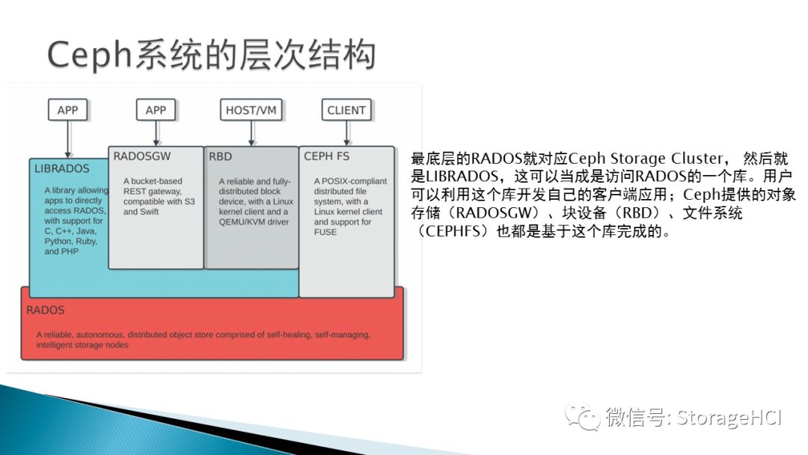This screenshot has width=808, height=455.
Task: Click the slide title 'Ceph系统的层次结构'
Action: pyautogui.click(x=211, y=55)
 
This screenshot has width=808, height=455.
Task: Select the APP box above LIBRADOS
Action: pyautogui.click(x=67, y=110)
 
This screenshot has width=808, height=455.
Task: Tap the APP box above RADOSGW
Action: pyautogui.click(x=156, y=110)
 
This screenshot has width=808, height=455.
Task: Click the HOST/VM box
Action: pyautogui.click(x=251, y=110)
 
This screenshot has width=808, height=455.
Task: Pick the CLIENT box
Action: pyautogui.click(x=346, y=110)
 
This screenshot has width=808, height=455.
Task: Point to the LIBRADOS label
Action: pyautogui.click(x=61, y=169)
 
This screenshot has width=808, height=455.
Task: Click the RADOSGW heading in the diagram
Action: pyautogui.click(x=142, y=156)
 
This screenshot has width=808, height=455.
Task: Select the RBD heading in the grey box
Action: pyautogui.click(x=221, y=156)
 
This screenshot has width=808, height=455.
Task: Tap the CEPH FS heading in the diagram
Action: pyautogui.click(x=327, y=156)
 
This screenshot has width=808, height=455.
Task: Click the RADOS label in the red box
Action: pyautogui.click(x=46, y=310)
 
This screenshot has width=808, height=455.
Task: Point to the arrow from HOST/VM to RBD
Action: pyautogui.click(x=251, y=133)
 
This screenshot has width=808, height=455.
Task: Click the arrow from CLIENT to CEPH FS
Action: pyautogui.click(x=346, y=133)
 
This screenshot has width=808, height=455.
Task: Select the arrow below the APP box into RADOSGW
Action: pyautogui.click(x=156, y=133)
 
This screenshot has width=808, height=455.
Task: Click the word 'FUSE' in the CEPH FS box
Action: pyautogui.click(x=325, y=232)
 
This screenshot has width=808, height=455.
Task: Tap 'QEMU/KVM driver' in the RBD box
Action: pyautogui.click(x=254, y=222)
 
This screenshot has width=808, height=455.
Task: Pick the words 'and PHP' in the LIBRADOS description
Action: pyautogui.click(x=61, y=252)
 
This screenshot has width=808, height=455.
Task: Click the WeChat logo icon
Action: pyautogui.click(x=582, y=416)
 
